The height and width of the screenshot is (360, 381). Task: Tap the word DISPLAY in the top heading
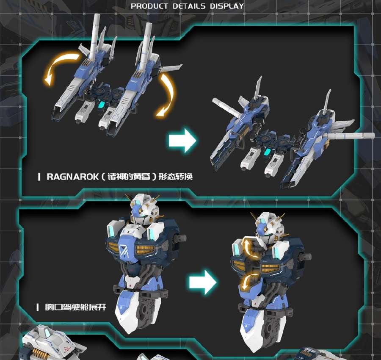227,6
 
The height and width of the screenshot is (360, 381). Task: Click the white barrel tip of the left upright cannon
96,21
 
